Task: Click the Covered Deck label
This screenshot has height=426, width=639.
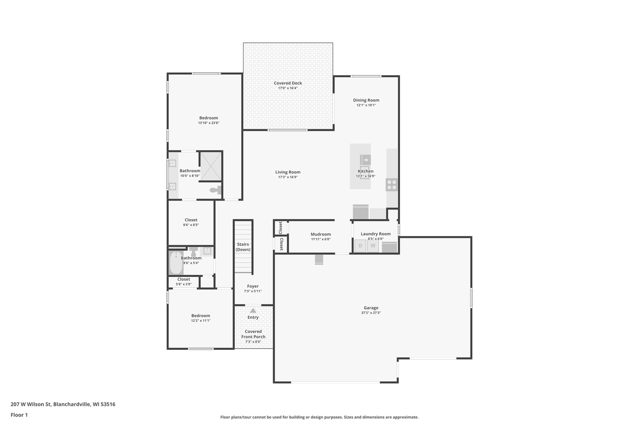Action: click(x=288, y=83)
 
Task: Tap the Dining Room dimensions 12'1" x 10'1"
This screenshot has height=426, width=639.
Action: click(x=366, y=105)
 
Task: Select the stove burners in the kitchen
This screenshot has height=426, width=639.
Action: click(x=392, y=185)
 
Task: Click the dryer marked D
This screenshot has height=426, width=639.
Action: click(x=360, y=246)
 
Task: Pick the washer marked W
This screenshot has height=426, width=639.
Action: click(x=373, y=246)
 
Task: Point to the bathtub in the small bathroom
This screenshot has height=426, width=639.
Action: click(x=176, y=263)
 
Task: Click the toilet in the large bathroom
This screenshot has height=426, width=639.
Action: click(x=215, y=190)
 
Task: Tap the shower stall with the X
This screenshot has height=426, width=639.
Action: click(x=211, y=166)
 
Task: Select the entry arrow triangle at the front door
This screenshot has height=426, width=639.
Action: click(x=253, y=311)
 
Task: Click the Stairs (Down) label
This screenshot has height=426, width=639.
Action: click(x=243, y=247)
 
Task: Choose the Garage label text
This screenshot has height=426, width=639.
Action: click(x=371, y=308)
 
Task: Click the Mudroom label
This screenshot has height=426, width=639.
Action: click(x=320, y=234)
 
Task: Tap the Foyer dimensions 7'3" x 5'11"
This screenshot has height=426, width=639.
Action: click(x=253, y=291)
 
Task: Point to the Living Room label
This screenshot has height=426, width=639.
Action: click(x=288, y=172)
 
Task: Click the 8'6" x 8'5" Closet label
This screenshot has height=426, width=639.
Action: click(x=191, y=220)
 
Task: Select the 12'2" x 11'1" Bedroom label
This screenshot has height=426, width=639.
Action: click(x=201, y=316)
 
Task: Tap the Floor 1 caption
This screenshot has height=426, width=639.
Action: click(x=19, y=415)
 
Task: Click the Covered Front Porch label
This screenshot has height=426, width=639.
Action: click(x=253, y=334)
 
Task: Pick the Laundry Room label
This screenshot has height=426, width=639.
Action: click(x=375, y=234)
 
